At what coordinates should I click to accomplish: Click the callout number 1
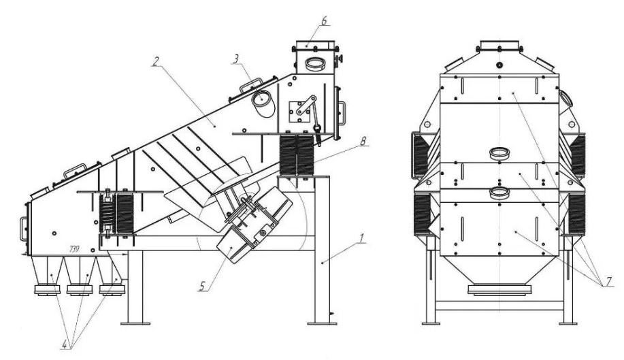(362, 238)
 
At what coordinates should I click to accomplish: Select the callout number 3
(236, 59)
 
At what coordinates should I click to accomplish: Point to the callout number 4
(65, 344)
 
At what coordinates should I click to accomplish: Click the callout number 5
(203, 286)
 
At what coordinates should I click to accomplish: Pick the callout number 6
(324, 20)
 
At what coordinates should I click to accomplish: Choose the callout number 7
(608, 281)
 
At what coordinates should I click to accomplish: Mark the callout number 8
(363, 141)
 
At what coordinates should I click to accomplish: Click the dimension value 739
(74, 249)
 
